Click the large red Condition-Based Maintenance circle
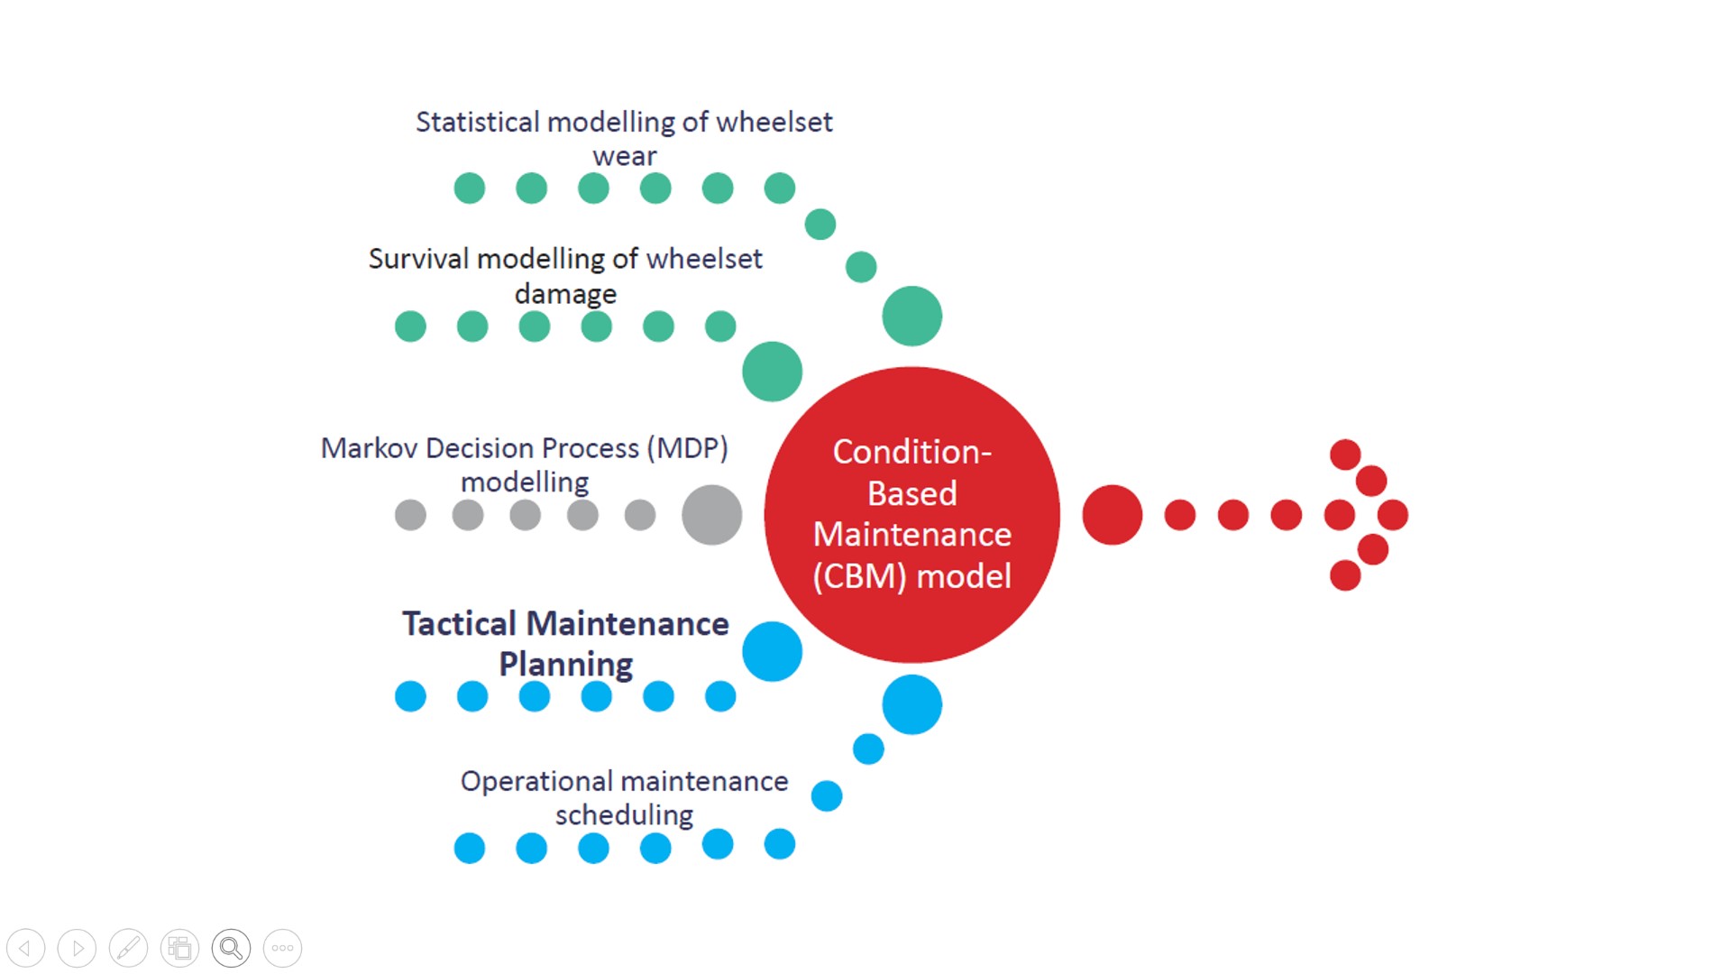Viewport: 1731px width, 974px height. (x=911, y=514)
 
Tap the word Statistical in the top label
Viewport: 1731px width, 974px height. (x=477, y=122)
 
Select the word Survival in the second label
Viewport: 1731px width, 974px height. (x=418, y=259)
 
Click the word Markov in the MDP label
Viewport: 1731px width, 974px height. (x=369, y=448)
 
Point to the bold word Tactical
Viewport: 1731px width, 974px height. (x=459, y=624)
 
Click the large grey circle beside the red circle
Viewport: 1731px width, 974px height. (x=711, y=515)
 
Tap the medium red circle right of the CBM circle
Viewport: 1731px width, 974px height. (x=1112, y=515)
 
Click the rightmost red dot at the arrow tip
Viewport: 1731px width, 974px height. (x=1393, y=515)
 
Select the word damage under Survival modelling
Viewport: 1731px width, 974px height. (x=565, y=294)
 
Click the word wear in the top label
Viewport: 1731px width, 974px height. (x=624, y=156)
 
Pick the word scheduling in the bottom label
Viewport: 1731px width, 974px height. (x=624, y=815)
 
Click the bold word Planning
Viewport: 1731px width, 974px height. (x=565, y=665)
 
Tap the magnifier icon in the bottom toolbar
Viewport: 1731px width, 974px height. (x=231, y=948)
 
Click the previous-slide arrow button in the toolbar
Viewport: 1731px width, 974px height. (x=25, y=948)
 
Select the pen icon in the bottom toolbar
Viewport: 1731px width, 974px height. (x=128, y=948)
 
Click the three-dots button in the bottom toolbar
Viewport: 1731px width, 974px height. (x=282, y=948)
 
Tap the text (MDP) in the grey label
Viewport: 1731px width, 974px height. (x=687, y=448)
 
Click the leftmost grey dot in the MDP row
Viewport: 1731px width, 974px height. (x=410, y=515)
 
